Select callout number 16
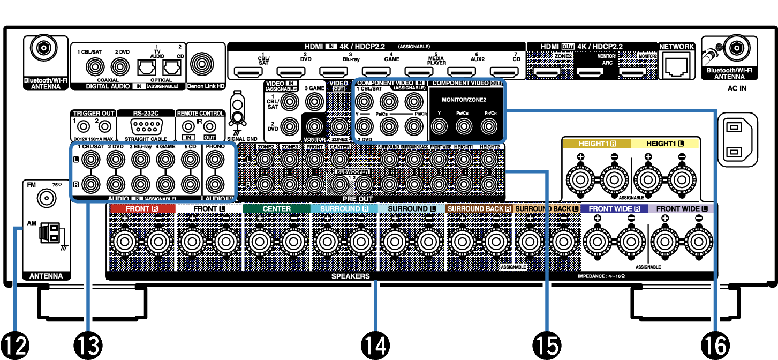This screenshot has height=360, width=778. pos(715,346)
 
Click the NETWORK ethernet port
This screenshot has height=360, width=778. pos(676,66)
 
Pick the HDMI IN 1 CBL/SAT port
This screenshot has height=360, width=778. pos(248,71)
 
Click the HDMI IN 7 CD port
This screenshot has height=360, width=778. pos(503,71)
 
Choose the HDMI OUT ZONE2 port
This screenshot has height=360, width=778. pos(548,71)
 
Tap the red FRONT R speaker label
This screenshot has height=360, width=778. pos(142,208)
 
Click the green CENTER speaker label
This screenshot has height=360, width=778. pos(276,208)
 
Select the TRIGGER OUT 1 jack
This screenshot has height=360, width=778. pos(83,127)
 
